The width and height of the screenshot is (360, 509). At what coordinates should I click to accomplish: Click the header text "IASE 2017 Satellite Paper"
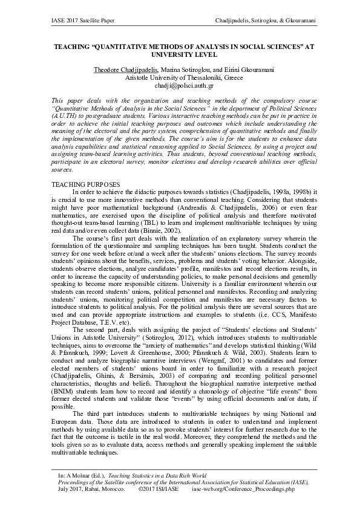(78, 22)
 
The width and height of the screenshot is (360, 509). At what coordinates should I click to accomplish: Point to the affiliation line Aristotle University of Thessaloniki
(180, 78)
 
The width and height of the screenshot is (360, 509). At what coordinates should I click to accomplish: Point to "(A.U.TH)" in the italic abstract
(66, 113)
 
